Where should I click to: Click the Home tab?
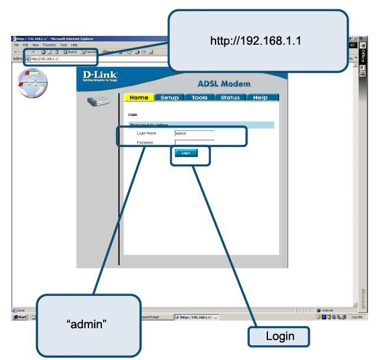(x=139, y=98)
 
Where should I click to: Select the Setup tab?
(x=170, y=98)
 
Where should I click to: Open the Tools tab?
(x=200, y=98)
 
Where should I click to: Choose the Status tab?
(x=230, y=98)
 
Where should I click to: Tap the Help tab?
(x=260, y=98)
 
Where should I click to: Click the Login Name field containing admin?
(x=194, y=134)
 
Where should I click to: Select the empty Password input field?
(x=194, y=142)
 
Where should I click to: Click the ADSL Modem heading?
(x=223, y=84)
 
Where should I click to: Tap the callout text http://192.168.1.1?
(x=256, y=41)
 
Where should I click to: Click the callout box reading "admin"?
(x=88, y=324)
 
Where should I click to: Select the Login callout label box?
(x=279, y=336)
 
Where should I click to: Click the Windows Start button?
(x=20, y=316)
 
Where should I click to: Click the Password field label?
(x=145, y=142)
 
